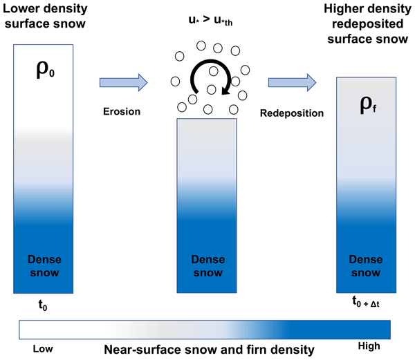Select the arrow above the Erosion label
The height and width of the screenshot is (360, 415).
(124, 82)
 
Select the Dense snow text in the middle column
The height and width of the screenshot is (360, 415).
(207, 267)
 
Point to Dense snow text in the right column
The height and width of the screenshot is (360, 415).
(367, 267)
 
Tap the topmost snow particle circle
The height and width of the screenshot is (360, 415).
(202, 45)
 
